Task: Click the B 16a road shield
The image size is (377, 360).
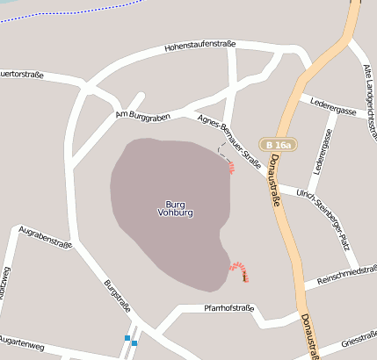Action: [279, 144]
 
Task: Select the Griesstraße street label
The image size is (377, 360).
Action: [359, 338]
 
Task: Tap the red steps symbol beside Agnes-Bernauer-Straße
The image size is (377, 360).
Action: [231, 166]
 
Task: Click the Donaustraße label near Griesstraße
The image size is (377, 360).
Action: [308, 336]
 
